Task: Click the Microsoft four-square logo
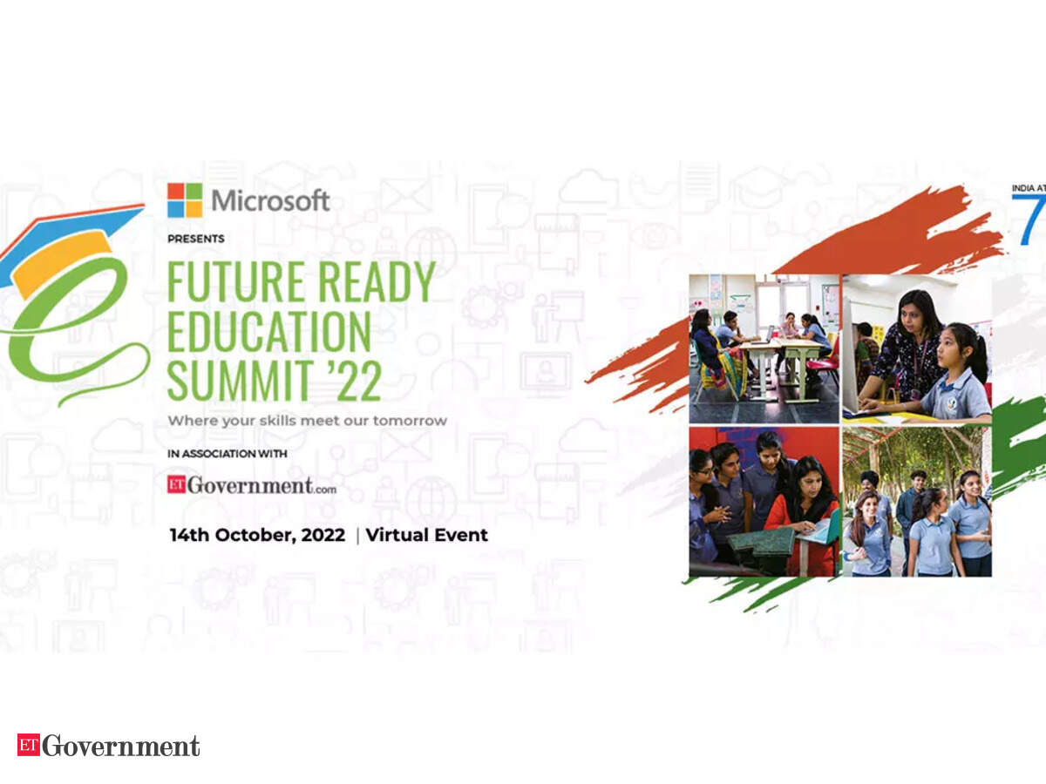tap(185, 200)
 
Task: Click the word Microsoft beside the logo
tap(270, 200)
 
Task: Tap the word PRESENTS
tap(196, 239)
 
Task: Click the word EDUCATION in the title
tap(268, 331)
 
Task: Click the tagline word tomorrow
tap(411, 421)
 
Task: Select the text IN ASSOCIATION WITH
tap(228, 454)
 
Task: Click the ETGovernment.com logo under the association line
tap(252, 485)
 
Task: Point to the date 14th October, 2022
tap(257, 535)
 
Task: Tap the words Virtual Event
tap(427, 535)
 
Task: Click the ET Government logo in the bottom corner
tap(109, 746)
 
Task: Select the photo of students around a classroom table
tap(764, 349)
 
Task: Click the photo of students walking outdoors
tap(917, 502)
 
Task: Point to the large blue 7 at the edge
tap(1031, 220)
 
